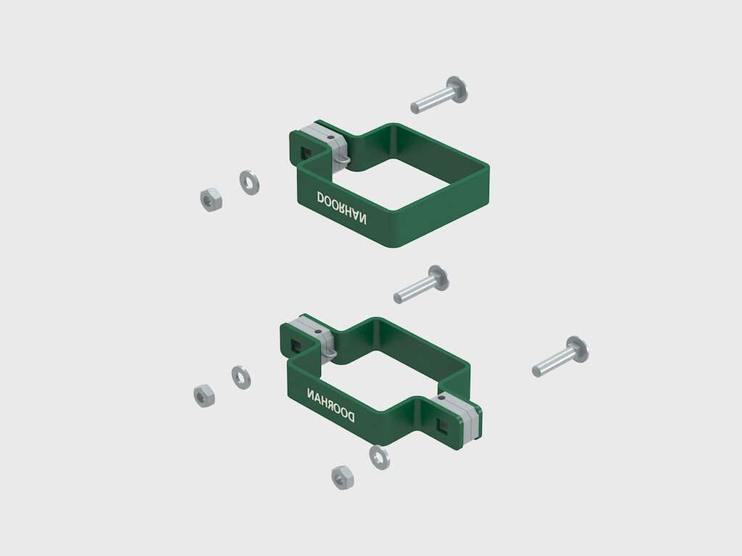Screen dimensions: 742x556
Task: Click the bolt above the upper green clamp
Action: tap(438, 95)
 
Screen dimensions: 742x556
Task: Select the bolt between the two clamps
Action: tap(421, 284)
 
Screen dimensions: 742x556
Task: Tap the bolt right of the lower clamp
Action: tap(560, 356)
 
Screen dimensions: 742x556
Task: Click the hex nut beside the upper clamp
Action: tap(211, 200)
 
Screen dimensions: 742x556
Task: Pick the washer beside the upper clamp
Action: tap(249, 182)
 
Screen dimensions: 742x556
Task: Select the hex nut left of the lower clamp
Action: tap(204, 396)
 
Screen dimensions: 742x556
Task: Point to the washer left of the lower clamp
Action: tap(241, 377)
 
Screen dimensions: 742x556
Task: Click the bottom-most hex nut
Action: tap(343, 478)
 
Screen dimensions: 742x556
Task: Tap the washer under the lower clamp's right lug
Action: tap(380, 458)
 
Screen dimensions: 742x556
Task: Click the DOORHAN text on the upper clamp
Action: tap(341, 208)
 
